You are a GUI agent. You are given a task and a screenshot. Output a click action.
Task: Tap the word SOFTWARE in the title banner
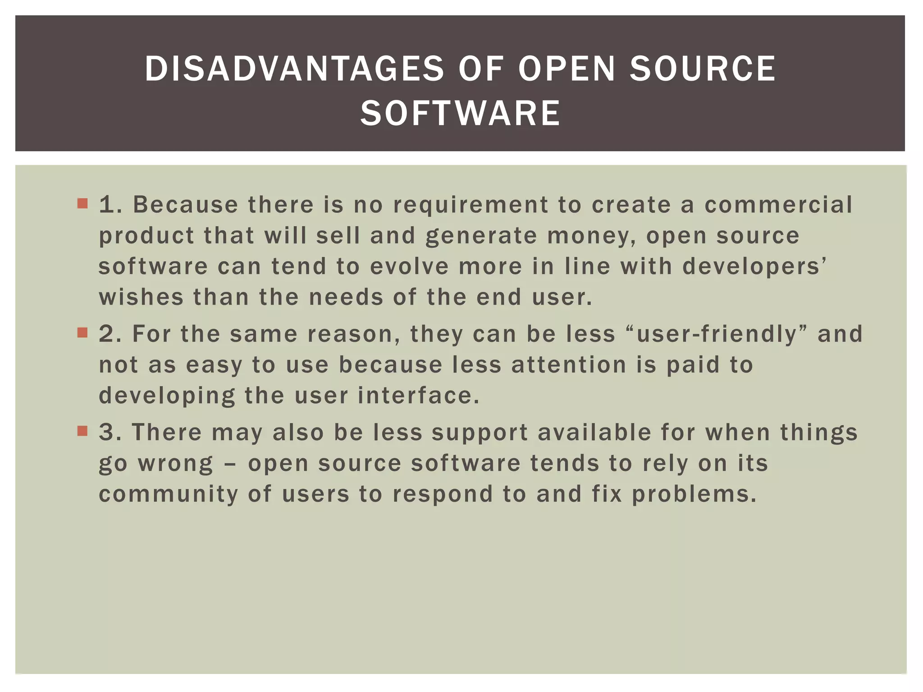[x=460, y=113]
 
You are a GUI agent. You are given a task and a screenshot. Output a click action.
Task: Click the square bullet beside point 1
[x=82, y=204]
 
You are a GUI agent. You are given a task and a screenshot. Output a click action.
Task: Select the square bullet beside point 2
[x=82, y=333]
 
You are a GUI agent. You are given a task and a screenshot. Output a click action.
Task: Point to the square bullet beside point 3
[x=82, y=431]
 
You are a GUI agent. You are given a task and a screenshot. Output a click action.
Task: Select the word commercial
[x=778, y=205]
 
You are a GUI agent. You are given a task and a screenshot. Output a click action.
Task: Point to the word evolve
[x=409, y=266]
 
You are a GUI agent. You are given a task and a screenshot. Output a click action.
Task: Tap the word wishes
[x=141, y=297]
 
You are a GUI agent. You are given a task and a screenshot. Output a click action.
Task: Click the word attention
[x=569, y=365]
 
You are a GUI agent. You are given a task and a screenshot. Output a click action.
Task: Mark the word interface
[x=418, y=396]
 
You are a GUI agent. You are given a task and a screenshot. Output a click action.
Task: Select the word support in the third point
[x=480, y=433]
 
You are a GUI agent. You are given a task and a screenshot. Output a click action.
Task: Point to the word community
[x=168, y=494]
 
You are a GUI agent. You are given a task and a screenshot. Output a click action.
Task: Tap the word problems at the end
[x=694, y=494]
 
